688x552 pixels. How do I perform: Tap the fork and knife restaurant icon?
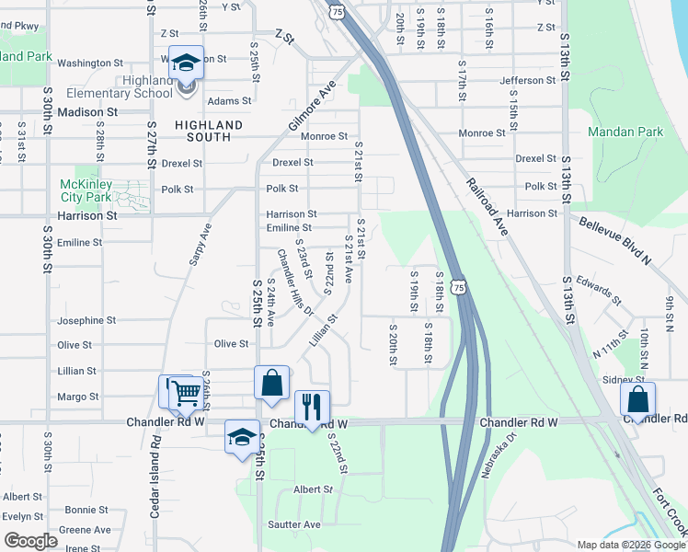[312, 406]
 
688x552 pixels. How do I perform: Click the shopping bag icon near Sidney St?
[637, 398]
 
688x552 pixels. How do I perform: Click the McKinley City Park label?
[86, 190]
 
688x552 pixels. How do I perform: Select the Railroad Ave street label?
[487, 207]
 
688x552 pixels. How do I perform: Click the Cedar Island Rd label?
[155, 473]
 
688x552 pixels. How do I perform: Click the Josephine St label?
[86, 321]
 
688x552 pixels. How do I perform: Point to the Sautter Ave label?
[295, 524]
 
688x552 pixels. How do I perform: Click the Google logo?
[30, 541]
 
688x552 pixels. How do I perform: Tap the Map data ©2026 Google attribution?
[632, 545]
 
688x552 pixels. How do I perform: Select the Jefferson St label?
[528, 80]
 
